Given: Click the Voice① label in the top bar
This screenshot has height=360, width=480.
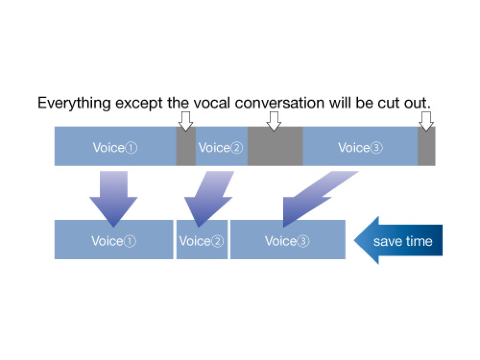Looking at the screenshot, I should (115, 147).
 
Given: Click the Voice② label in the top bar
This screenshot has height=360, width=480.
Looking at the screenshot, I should (221, 147).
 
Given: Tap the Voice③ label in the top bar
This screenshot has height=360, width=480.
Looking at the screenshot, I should (360, 147).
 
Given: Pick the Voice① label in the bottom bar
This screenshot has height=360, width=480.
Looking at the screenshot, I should (114, 240).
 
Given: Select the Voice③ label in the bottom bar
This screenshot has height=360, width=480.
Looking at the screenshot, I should (287, 240).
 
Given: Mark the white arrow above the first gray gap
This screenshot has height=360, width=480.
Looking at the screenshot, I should (186, 120).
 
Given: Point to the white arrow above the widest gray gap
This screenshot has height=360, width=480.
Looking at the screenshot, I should (273, 120).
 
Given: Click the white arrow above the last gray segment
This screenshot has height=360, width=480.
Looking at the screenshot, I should (426, 120).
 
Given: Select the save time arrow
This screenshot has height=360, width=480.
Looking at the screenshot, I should (398, 240).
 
